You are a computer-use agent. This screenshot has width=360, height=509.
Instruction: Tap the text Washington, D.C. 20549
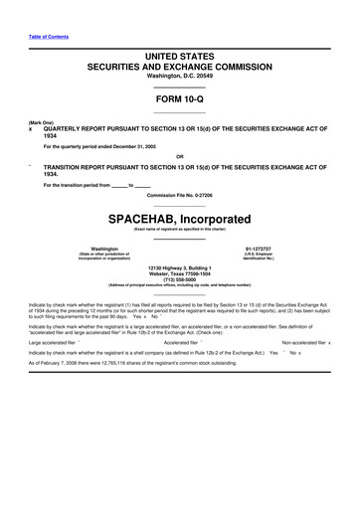coord(180,76)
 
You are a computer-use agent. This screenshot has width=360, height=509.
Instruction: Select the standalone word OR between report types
coord(180,156)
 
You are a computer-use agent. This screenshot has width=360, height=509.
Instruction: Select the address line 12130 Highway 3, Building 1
coord(180,267)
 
